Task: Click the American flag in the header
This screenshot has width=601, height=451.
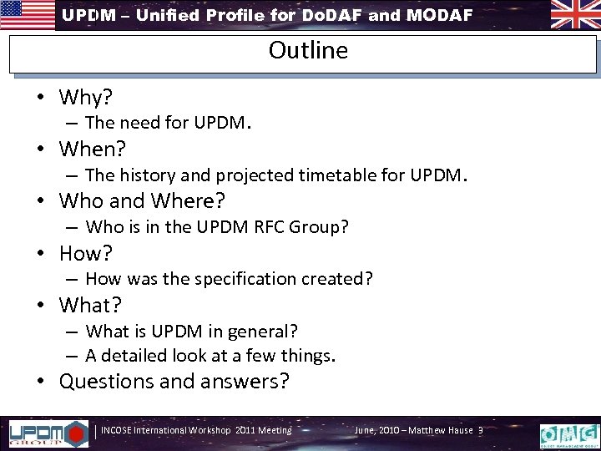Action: (x=28, y=14)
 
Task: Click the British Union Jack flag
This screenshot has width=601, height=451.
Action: (x=573, y=14)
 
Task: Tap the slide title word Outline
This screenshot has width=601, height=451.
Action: (x=308, y=50)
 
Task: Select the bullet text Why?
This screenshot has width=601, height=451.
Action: (x=87, y=97)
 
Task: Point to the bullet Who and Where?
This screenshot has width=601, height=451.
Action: (x=143, y=201)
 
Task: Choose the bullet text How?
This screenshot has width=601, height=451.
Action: (x=86, y=253)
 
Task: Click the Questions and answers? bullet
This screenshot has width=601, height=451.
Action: (x=174, y=382)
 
